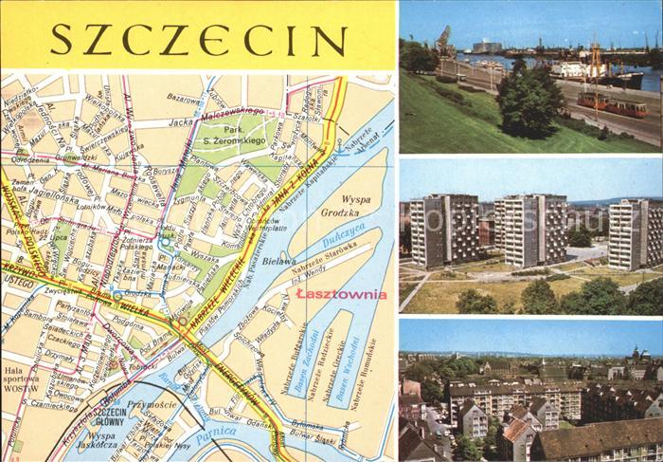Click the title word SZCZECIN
(198, 40)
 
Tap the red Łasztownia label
(341, 294)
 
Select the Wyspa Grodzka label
(349, 208)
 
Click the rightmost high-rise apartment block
(636, 233)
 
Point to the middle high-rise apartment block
(530, 229)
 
